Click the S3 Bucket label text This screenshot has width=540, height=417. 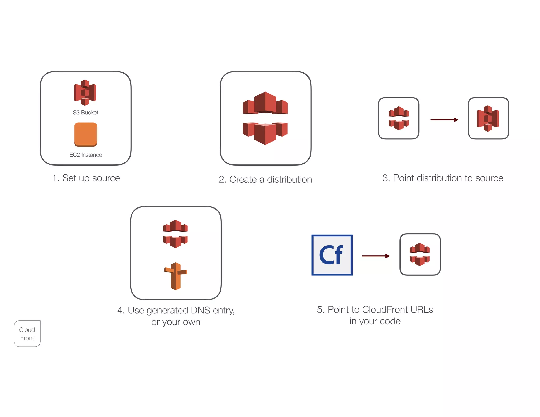(x=85, y=113)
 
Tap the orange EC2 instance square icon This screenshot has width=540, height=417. (x=86, y=134)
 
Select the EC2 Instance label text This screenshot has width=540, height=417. (x=85, y=155)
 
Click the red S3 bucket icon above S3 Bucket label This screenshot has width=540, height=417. (x=85, y=92)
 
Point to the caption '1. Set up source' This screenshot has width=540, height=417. (x=86, y=178)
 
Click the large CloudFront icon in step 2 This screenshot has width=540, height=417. (x=265, y=118)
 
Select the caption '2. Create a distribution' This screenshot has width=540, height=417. (x=265, y=180)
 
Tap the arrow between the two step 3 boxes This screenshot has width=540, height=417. (x=444, y=120)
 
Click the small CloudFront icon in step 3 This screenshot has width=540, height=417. (x=399, y=118)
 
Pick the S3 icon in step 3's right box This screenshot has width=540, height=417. (x=488, y=118)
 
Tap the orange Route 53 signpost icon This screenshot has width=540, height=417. (x=176, y=276)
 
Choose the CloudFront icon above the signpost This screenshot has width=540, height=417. (x=176, y=234)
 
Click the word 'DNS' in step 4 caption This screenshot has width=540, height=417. (x=200, y=310)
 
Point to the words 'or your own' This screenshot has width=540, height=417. (x=176, y=322)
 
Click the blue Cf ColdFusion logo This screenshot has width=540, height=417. (x=332, y=255)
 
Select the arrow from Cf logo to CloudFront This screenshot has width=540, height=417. (x=376, y=256)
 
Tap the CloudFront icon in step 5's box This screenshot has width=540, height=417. (x=420, y=254)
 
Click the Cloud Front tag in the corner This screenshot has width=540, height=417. (x=27, y=334)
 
